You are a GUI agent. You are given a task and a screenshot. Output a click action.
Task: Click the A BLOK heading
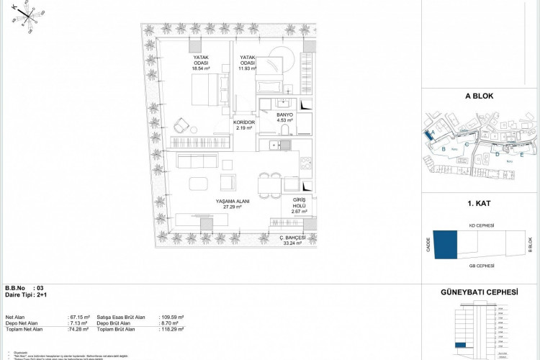click(478, 95)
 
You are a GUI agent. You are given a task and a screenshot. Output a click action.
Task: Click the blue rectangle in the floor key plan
click(444, 244)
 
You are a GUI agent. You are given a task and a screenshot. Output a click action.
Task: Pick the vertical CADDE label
click(428, 245)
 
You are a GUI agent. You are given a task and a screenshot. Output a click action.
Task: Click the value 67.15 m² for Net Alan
click(78, 317)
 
